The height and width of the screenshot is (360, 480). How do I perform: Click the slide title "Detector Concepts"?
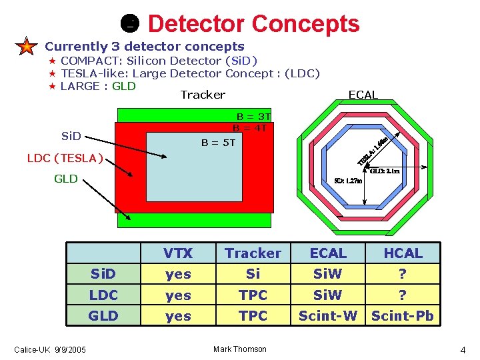253,24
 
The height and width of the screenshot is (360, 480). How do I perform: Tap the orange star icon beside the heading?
25,47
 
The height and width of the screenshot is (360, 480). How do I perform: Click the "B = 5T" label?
219,142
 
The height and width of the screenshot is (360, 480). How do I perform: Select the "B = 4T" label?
250,128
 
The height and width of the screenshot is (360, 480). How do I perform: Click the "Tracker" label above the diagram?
203,95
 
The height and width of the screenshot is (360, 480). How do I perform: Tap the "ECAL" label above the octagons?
363,95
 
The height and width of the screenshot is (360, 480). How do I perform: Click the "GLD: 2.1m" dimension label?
385,171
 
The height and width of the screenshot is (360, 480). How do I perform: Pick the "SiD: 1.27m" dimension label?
348,181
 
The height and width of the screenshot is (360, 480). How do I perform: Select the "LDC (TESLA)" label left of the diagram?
65,158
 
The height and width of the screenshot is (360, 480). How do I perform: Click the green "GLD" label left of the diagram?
66,179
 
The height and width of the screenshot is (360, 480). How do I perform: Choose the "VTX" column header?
178,253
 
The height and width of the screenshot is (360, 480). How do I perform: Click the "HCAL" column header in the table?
403,253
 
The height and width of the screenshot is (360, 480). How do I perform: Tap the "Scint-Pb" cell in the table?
403,315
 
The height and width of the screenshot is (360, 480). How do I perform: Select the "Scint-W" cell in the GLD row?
328,315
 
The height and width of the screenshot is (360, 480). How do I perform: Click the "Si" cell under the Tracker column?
253,274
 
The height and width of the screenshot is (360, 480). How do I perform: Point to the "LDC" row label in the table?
103,295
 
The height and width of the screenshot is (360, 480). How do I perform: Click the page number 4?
463,350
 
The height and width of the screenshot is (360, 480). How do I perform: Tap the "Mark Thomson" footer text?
240,349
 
